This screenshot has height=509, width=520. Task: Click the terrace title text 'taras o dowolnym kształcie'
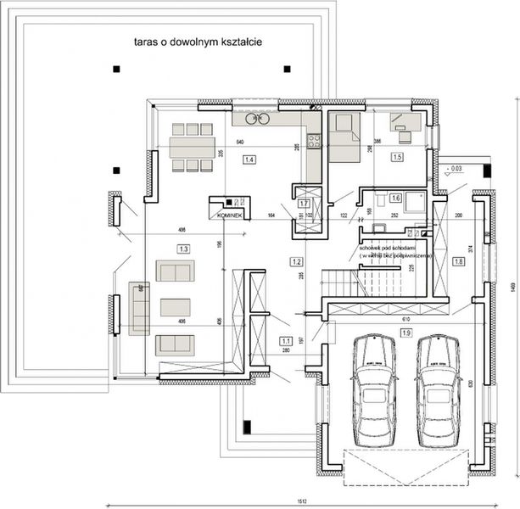point(196,41)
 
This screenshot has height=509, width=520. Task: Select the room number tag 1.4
point(249,159)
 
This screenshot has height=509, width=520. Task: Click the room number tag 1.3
point(182,249)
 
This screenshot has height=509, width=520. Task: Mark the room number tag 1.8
point(458,262)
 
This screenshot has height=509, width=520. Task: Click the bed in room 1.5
point(344,136)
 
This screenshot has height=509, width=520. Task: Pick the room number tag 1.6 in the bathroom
point(395,198)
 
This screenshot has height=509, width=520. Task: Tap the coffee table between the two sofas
point(175,307)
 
